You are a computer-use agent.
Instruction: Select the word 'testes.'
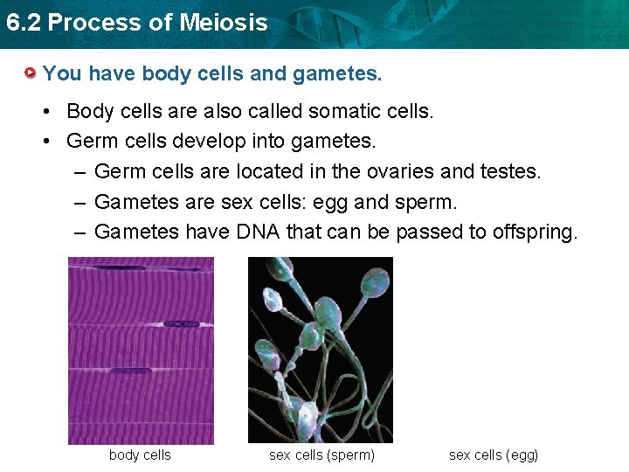point(511,171)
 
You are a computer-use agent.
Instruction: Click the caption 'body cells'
point(140,455)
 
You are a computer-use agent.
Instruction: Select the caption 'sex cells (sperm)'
point(321,455)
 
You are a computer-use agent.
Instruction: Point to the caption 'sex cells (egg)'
point(494,455)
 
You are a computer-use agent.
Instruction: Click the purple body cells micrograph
point(141,351)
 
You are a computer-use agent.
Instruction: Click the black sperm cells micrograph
point(321,350)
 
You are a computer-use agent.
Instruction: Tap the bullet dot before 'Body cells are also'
point(52,111)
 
